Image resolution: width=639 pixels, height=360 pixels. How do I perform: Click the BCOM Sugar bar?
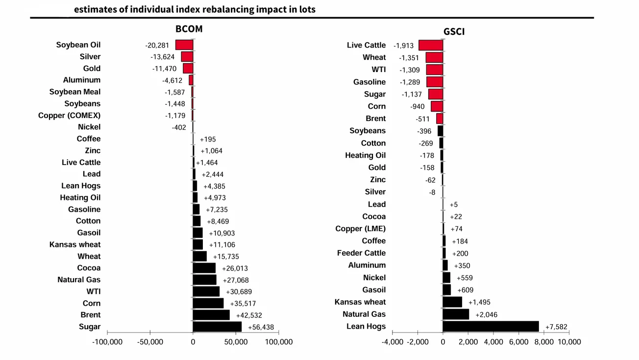(x=217, y=327)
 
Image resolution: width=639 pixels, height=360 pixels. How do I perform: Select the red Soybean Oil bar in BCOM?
(x=184, y=45)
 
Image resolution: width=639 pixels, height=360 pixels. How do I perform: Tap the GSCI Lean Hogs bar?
(x=491, y=327)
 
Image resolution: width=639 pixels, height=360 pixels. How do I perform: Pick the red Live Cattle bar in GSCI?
(x=431, y=45)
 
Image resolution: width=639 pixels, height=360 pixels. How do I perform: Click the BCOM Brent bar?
(x=211, y=315)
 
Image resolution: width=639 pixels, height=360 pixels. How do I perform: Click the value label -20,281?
(x=157, y=45)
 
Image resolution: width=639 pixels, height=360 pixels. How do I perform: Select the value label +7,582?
(x=556, y=327)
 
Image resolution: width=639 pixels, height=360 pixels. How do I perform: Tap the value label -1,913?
(x=404, y=46)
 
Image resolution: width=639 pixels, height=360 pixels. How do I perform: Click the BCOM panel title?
(x=189, y=29)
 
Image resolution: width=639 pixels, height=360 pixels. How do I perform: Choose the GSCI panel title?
(x=454, y=32)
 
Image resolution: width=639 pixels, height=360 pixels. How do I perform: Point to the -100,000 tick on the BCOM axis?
(x=107, y=342)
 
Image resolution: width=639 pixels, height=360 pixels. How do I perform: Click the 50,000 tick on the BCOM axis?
(x=236, y=342)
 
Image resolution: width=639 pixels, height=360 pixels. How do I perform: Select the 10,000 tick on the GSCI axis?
(x=569, y=342)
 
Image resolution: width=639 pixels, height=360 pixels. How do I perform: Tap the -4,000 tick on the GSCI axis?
(x=393, y=342)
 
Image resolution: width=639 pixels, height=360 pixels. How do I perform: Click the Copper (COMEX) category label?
(x=69, y=116)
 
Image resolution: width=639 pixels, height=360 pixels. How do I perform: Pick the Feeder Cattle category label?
(x=361, y=253)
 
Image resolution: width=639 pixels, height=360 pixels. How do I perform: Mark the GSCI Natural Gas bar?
(x=456, y=314)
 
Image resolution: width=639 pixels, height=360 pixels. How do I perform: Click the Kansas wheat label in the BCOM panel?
(x=75, y=244)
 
